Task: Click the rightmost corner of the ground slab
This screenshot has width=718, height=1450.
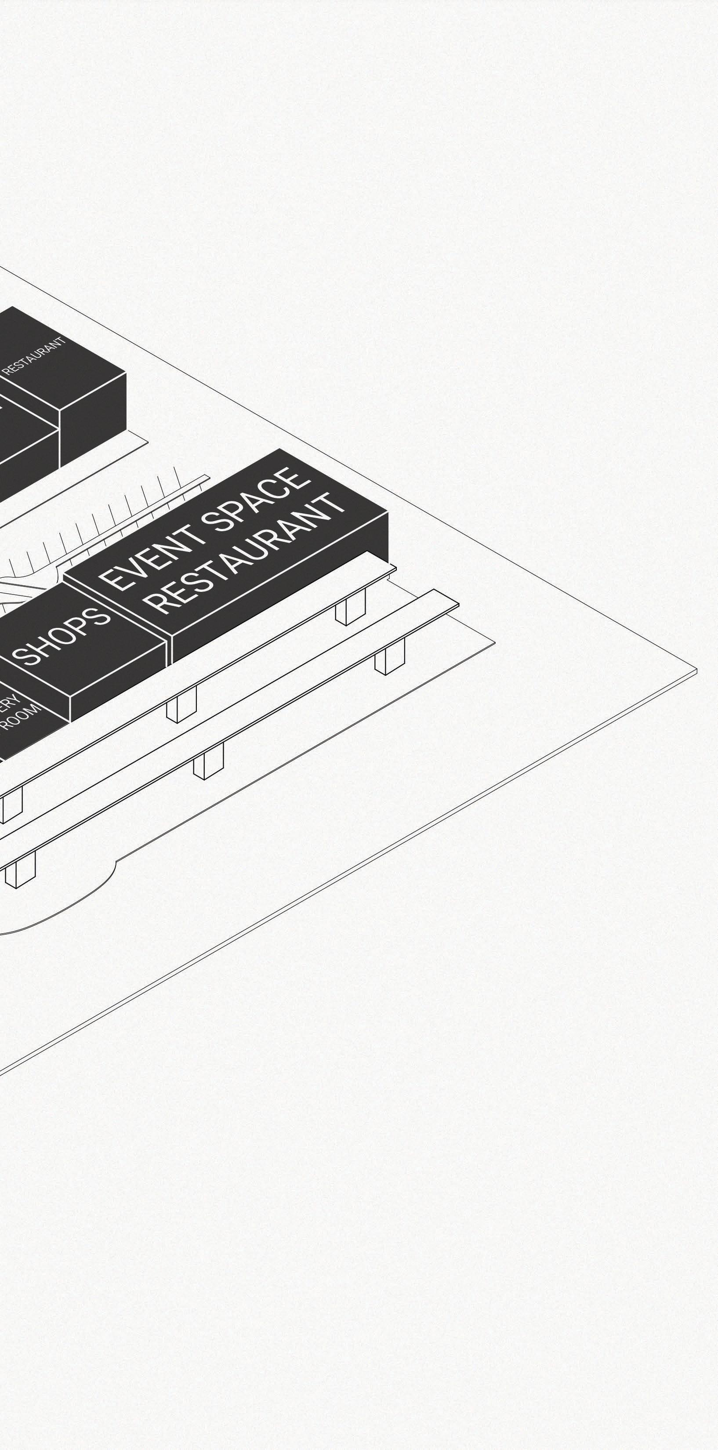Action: click(x=696, y=671)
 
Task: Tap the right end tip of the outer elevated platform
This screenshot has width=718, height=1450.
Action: click(x=457, y=605)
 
